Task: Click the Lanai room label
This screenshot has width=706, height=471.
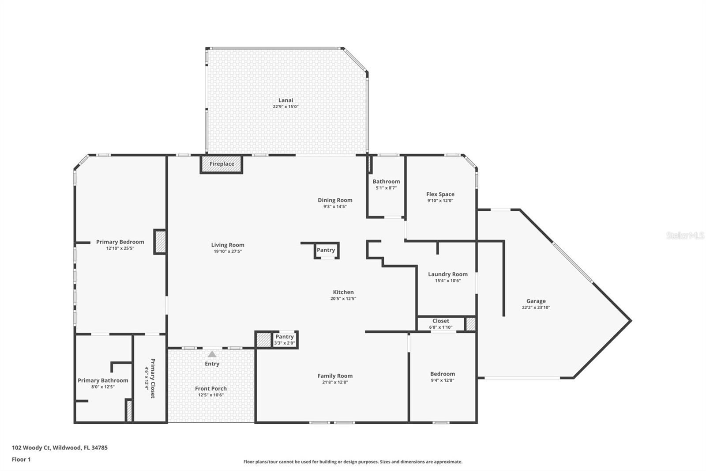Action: [x=285, y=100]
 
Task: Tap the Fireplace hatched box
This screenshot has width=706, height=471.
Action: [x=222, y=164]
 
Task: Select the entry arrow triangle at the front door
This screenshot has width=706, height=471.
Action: [x=212, y=354]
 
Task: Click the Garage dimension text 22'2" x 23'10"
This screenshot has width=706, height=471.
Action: [x=536, y=308]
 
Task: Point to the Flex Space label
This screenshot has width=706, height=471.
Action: [x=440, y=194]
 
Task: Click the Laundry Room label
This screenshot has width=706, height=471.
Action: [x=447, y=274]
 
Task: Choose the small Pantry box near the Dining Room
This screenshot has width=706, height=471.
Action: [x=326, y=250]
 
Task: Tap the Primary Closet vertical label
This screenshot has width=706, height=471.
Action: [x=153, y=378]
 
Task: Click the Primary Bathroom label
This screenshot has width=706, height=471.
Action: [x=103, y=380]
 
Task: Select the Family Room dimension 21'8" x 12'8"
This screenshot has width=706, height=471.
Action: [x=335, y=382]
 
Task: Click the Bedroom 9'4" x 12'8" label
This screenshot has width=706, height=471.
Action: [x=442, y=374]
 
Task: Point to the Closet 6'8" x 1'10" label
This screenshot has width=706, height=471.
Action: [x=440, y=321]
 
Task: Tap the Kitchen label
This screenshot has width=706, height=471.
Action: [x=343, y=292]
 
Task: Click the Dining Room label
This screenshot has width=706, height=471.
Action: [x=335, y=200]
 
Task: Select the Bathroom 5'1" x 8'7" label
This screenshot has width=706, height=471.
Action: [x=386, y=182]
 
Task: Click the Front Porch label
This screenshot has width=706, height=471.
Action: [x=211, y=389]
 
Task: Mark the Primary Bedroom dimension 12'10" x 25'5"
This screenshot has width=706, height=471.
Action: [x=120, y=248]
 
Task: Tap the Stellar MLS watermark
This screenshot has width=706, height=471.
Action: [x=685, y=235]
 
